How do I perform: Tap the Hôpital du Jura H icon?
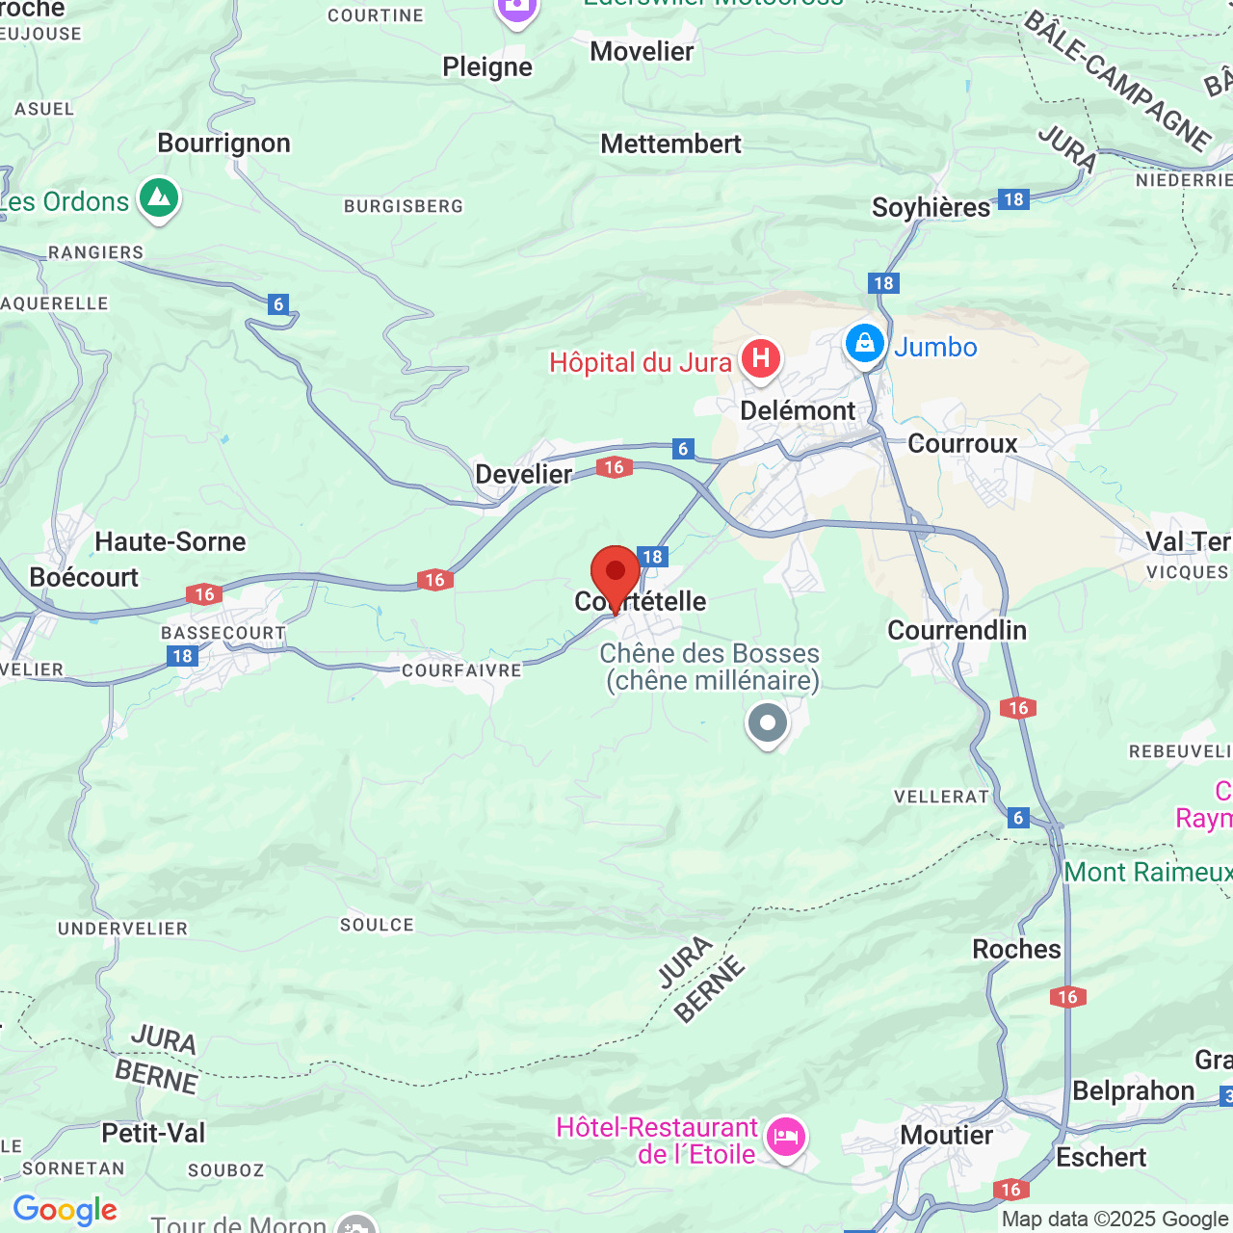761,359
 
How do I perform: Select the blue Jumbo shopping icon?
865,344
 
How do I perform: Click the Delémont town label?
798,411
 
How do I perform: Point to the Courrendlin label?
957,631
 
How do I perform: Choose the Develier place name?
524,474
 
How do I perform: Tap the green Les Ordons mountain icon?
159,198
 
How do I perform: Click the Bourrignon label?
223,144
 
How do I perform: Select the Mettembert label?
670,144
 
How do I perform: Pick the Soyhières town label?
931,208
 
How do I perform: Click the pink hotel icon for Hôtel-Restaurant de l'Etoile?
786,1139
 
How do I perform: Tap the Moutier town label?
946,1136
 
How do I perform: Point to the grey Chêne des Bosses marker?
768,722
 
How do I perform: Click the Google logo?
65,1210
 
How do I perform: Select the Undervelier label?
122,930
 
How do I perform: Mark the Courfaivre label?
461,671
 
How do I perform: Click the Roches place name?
1016,950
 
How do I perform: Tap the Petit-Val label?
153,1133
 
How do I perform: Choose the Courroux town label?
962,444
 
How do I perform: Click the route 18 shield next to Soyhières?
1013,199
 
